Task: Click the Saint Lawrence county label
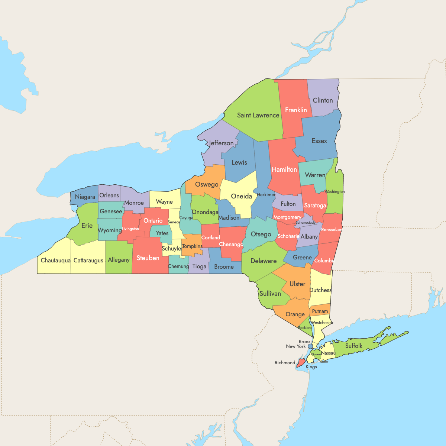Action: point(258,115)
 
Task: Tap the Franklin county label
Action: point(296,110)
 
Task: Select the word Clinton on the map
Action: point(323,100)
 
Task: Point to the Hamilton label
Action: point(284,169)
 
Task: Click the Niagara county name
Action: point(85,197)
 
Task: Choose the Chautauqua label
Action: point(55,261)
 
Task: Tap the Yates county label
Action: point(162,233)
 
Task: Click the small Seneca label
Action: point(174,222)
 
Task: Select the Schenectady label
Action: point(305,223)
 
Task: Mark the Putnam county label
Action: point(320,311)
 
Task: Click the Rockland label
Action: point(305,328)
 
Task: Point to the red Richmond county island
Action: point(301,362)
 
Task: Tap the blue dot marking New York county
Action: point(310,346)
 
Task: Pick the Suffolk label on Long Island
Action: point(353,346)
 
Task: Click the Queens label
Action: point(316,354)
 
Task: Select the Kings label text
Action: point(311,367)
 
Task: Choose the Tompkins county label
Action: point(192,246)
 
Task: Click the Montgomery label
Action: point(287,217)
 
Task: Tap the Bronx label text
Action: point(304,342)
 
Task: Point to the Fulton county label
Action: point(288,204)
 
